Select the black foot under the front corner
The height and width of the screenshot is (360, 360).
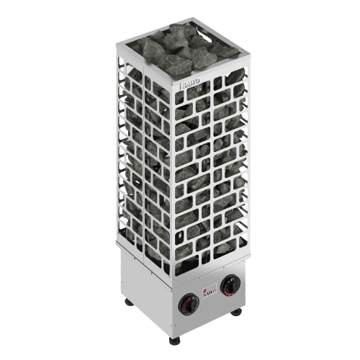174,339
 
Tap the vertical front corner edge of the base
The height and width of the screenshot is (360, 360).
173,302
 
